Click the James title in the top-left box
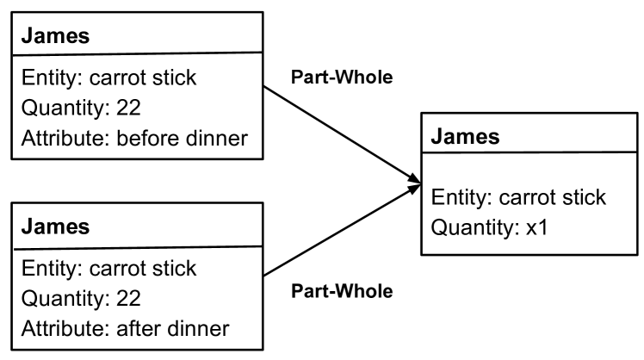pyautogui.click(x=47, y=37)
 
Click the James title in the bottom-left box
pyautogui.click(x=47, y=227)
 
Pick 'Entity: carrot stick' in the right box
pyautogui.click(x=518, y=198)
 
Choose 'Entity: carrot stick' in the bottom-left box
pyautogui.click(x=108, y=269)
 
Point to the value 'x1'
pyautogui.click(x=541, y=228)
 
